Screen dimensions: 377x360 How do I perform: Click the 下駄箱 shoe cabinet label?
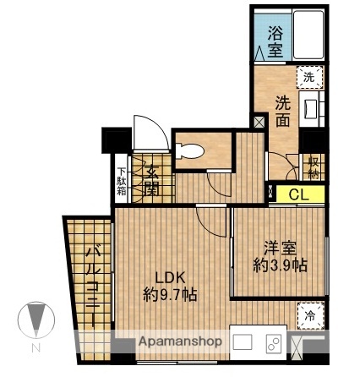click(x=122, y=180)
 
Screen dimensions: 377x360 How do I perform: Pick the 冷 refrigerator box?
click(x=312, y=315)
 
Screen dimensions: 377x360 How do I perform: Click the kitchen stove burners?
click(x=275, y=343)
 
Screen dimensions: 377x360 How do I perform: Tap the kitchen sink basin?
click(x=243, y=343)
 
